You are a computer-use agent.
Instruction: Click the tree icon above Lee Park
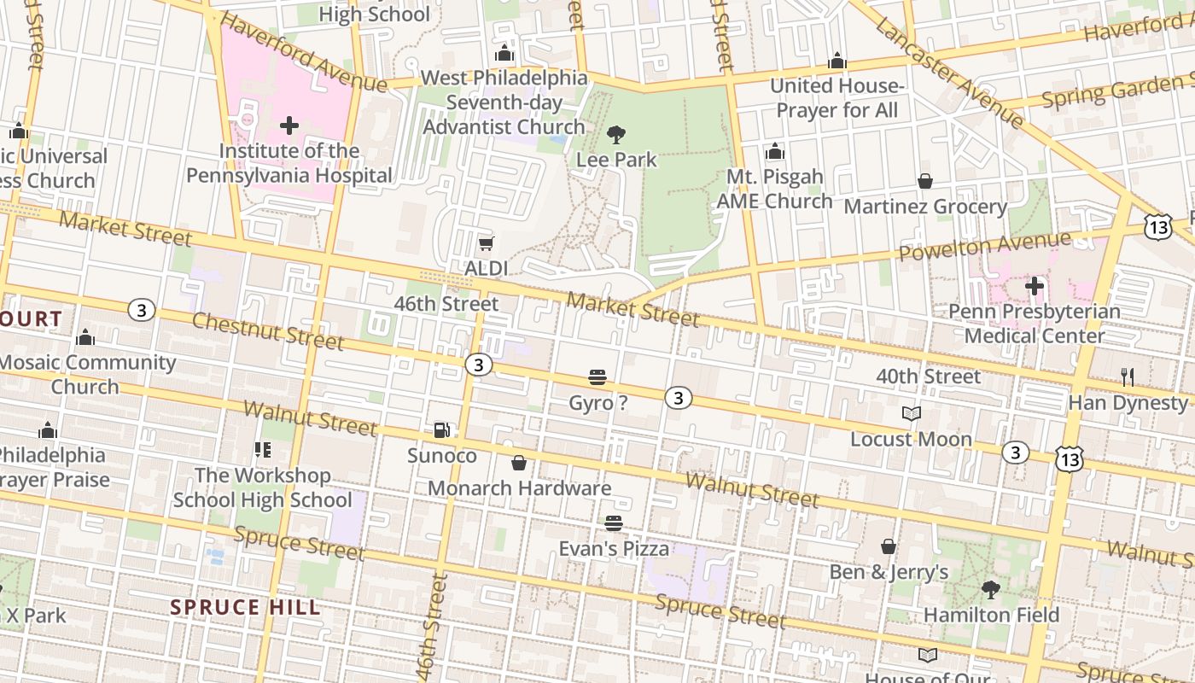point(615,135)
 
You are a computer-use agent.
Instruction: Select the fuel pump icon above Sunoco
point(441,430)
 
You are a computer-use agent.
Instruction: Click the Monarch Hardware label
point(519,488)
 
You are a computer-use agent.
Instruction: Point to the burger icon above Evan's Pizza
point(614,522)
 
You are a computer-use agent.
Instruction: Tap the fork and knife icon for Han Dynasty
point(1128,377)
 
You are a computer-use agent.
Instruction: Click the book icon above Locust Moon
point(912,414)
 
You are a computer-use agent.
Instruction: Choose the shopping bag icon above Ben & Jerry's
point(889,546)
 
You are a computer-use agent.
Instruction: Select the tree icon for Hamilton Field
point(990,590)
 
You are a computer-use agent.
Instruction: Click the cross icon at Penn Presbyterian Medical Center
point(1035,285)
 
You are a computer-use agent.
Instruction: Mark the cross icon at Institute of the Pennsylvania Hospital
point(289,126)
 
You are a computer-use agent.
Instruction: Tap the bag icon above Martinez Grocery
point(925,182)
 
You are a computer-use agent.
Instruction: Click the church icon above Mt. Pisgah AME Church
point(775,152)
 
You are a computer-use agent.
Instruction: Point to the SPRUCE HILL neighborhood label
point(246,607)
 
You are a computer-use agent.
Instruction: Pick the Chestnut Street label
point(267,331)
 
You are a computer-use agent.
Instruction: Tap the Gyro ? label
point(597,402)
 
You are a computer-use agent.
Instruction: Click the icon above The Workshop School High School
point(262,449)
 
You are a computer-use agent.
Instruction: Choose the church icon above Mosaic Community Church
point(85,338)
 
